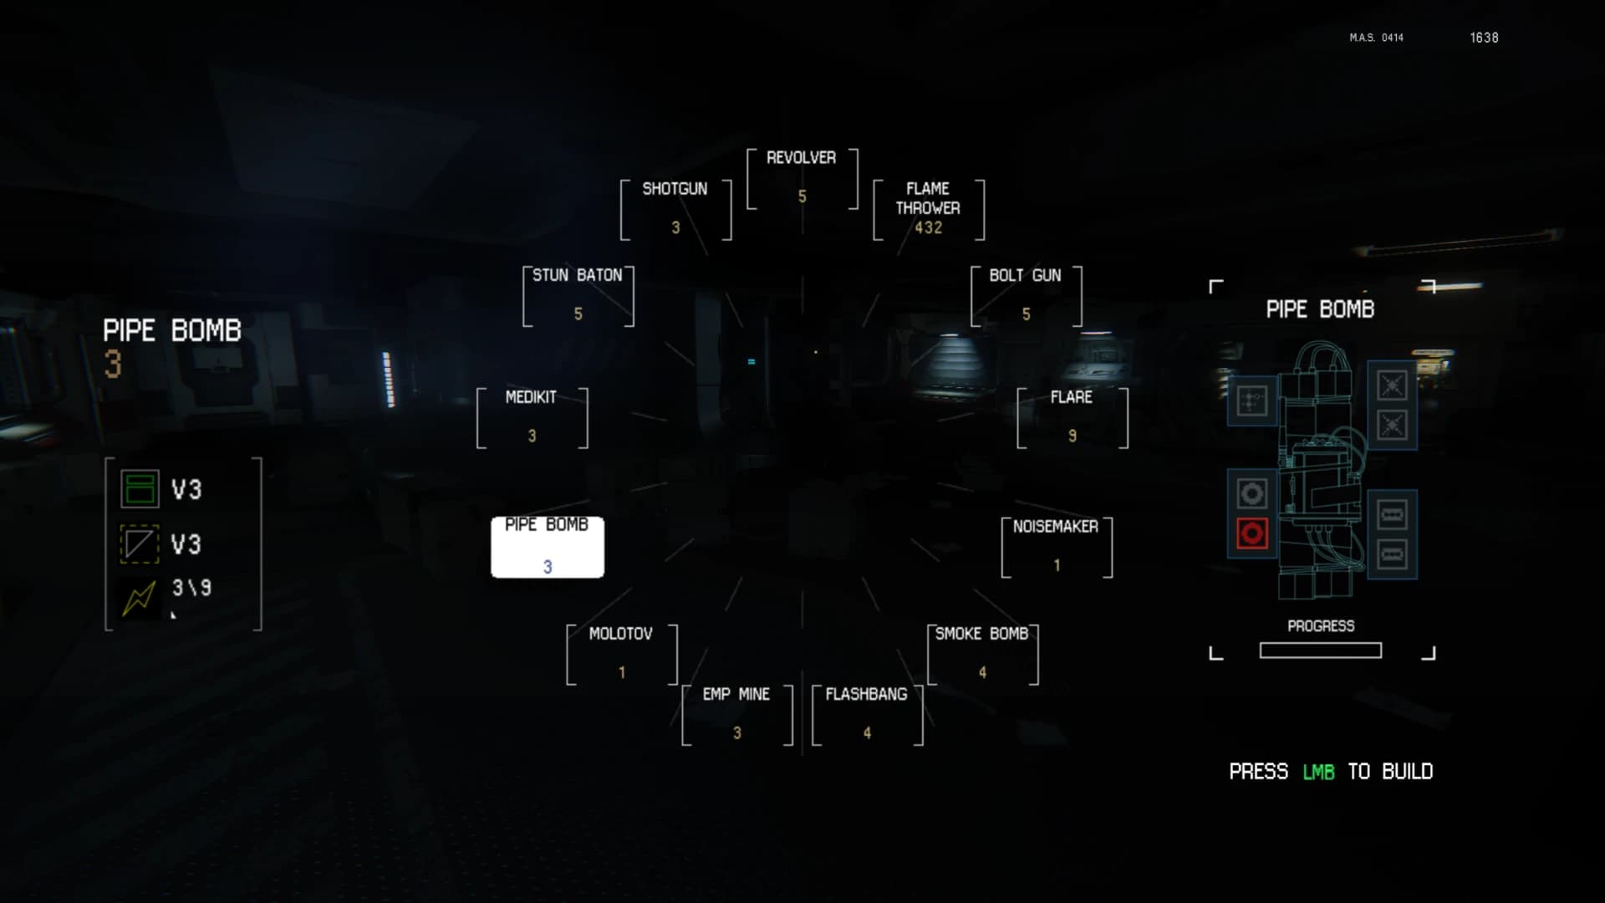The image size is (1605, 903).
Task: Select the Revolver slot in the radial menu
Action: (802, 179)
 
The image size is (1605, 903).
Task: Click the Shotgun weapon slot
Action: (675, 209)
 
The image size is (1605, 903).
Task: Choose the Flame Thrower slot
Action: (929, 209)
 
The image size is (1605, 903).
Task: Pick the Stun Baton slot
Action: (578, 296)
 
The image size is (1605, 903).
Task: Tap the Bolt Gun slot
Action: (1026, 296)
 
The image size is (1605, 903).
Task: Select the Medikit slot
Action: (532, 418)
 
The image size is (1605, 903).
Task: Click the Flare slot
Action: (1073, 418)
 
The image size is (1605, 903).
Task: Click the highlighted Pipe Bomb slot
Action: (548, 547)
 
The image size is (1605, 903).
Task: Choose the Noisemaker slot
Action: (1057, 547)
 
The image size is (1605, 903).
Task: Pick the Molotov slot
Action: (621, 655)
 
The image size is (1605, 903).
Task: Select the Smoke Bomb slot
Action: (982, 655)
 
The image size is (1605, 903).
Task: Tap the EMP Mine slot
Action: (736, 715)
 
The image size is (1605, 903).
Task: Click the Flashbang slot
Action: (867, 715)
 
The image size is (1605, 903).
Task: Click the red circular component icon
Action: (1251, 533)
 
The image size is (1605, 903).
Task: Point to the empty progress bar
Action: (1320, 650)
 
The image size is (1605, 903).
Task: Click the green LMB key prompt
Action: (1318, 772)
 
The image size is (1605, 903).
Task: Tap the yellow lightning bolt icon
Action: (140, 598)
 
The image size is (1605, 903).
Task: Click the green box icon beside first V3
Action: (140, 489)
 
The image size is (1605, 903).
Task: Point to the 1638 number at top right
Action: (1484, 38)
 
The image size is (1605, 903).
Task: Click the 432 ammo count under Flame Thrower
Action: (928, 227)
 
